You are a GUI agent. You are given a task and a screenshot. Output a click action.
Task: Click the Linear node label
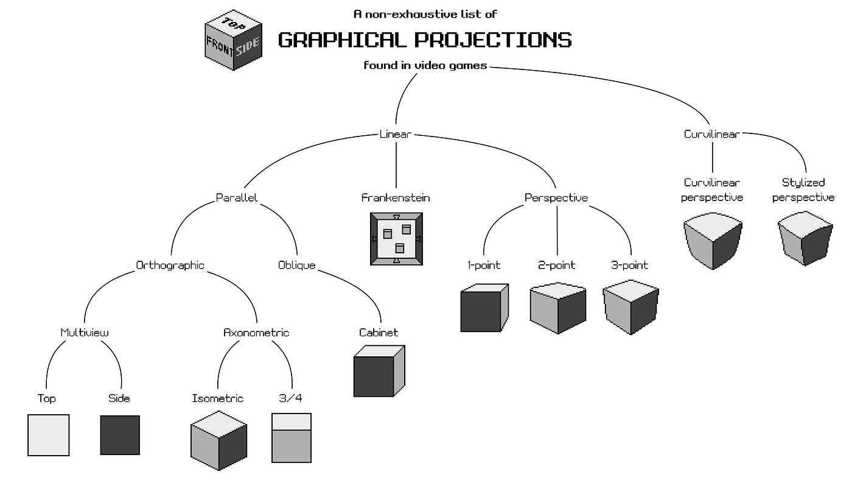[396, 134]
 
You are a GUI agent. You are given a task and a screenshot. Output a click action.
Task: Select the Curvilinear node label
[711, 134]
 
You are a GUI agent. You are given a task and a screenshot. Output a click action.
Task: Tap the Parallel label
[237, 198]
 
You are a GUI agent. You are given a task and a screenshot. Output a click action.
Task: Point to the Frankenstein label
[396, 198]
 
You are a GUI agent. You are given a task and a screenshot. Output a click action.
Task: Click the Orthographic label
[170, 266]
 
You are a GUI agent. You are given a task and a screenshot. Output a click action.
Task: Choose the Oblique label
[297, 266]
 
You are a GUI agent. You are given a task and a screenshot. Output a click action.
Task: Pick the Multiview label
[85, 333]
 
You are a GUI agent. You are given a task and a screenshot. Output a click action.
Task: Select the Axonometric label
[256, 333]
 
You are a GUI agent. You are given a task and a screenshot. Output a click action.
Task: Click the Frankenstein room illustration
[396, 239]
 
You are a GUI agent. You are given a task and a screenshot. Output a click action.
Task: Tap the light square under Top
[49, 435]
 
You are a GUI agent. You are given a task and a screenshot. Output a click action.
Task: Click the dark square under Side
[120, 435]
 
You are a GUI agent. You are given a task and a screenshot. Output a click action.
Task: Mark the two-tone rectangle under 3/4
[291, 438]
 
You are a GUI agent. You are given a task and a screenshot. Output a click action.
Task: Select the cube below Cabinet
[379, 371]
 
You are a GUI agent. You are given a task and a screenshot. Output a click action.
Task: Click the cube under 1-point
[484, 308]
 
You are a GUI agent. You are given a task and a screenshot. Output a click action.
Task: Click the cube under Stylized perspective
[805, 238]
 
